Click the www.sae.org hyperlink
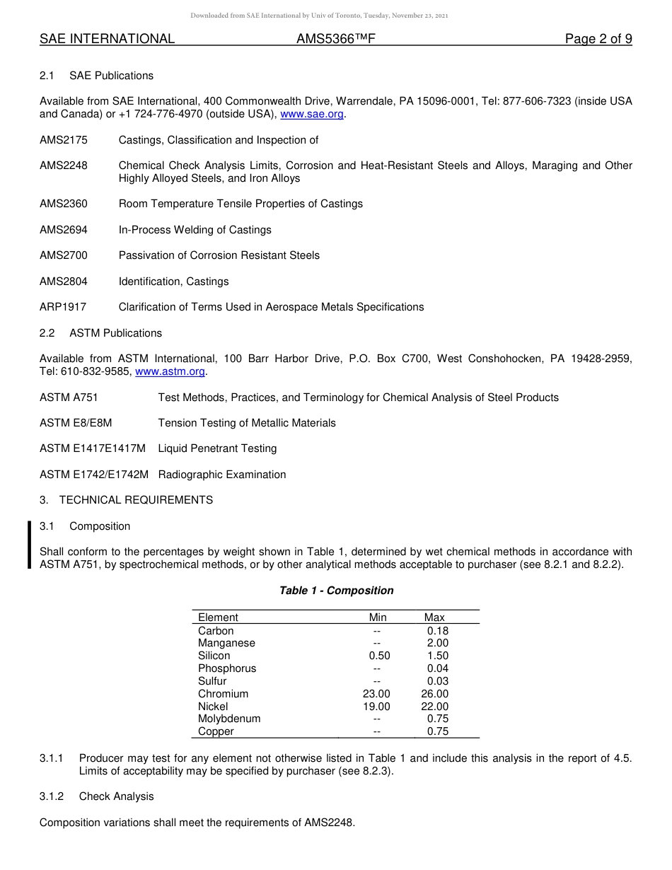(x=312, y=115)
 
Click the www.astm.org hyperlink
(x=170, y=371)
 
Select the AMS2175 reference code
(x=64, y=140)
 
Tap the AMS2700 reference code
(x=64, y=255)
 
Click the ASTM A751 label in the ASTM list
(x=69, y=398)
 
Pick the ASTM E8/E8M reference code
(x=76, y=423)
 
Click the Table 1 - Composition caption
(x=336, y=591)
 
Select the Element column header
(x=218, y=617)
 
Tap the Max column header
(x=434, y=617)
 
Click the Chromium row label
(x=223, y=694)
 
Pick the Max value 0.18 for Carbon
(x=437, y=631)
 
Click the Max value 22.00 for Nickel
(x=434, y=707)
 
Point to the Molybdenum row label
(x=229, y=719)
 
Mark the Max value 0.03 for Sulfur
(x=437, y=681)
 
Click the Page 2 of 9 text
(x=598, y=39)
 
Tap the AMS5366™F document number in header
(x=335, y=39)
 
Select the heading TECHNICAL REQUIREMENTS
(x=136, y=500)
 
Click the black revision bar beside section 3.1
(x=29, y=545)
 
